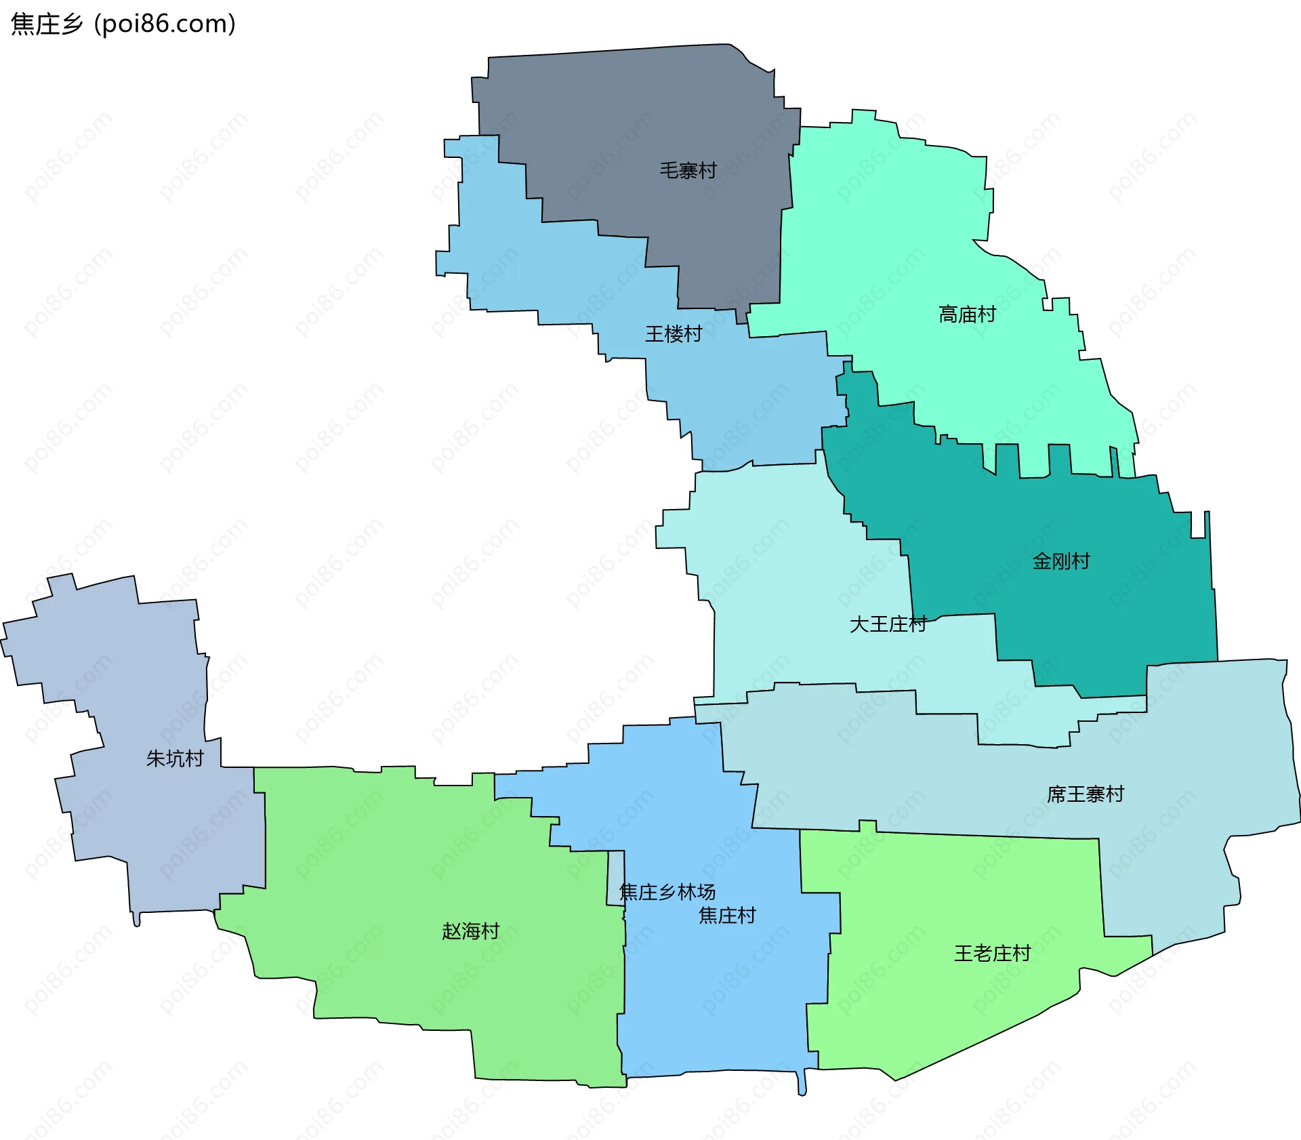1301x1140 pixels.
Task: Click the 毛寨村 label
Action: point(688,170)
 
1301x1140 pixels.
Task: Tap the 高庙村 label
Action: point(967,314)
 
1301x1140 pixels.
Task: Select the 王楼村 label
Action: point(673,333)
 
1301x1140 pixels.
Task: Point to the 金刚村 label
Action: point(1060,561)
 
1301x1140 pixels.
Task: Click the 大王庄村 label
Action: point(888,624)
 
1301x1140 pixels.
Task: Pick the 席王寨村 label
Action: point(1085,794)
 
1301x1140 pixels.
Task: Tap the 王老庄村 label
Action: point(992,953)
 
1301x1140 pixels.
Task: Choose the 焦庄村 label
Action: point(727,916)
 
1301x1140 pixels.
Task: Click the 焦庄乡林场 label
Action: point(667,892)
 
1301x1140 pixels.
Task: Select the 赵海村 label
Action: point(470,931)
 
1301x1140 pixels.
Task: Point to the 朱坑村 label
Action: point(175,758)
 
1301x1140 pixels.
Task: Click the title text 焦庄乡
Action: point(47,24)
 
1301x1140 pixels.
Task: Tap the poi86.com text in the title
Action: point(165,24)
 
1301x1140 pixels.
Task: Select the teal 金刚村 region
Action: point(1098,610)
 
